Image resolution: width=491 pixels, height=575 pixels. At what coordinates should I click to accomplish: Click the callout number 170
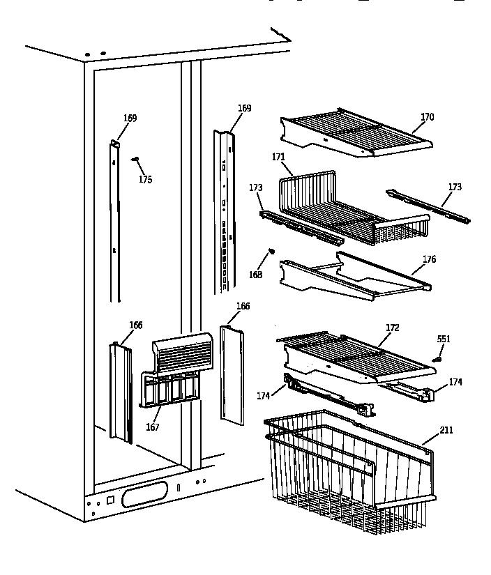[x=427, y=117]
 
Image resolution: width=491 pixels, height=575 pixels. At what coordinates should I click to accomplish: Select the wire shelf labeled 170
[x=356, y=132]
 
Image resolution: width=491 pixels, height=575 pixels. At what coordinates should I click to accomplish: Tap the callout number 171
[x=278, y=158]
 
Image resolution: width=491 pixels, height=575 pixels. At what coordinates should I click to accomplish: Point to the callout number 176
[x=429, y=260]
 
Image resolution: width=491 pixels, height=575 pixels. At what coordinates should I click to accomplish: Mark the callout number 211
[x=446, y=430]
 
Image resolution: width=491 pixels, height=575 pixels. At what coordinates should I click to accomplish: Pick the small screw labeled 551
[x=438, y=359]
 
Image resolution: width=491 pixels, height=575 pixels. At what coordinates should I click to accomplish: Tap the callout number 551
[x=444, y=339]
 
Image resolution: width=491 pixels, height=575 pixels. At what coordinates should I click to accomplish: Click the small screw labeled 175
[x=135, y=160]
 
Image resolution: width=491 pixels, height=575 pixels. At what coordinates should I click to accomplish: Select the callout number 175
[x=144, y=180]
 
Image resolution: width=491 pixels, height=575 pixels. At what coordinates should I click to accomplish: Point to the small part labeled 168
[x=272, y=252]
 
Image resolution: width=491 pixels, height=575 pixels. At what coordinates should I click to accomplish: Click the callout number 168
[x=256, y=275]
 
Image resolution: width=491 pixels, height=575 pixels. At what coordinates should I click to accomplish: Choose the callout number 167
[x=152, y=427]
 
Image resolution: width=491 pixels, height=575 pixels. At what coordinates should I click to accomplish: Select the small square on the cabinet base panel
[x=109, y=500]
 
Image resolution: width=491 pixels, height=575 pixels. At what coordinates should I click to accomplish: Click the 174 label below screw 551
[x=455, y=382]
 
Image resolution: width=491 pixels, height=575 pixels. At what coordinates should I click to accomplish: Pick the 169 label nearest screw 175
[x=130, y=118]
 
